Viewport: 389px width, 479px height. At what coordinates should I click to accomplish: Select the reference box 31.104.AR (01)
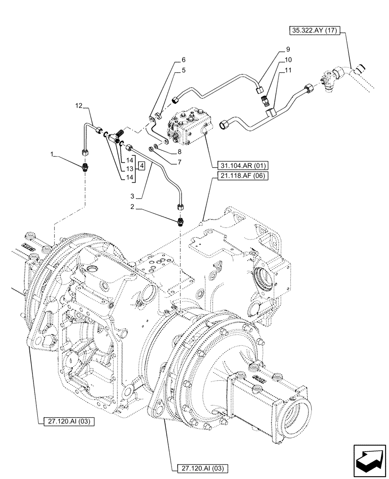point(239,165)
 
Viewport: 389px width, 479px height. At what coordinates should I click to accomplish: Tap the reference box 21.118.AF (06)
point(238,175)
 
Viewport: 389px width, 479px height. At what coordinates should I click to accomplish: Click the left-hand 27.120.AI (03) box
point(67,421)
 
